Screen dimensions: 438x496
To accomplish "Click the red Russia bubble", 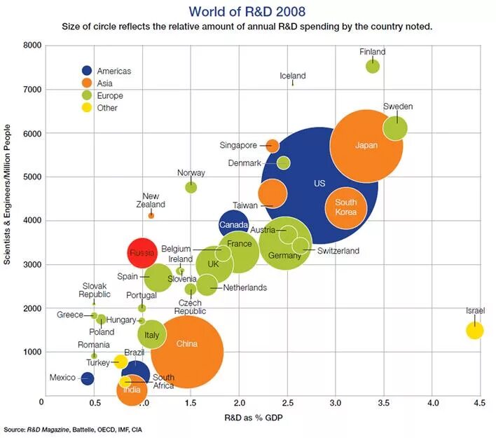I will pyautogui.click(x=143, y=251).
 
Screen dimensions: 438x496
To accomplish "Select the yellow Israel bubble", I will pyautogui.click(x=475, y=329).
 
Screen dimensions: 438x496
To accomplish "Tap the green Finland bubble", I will pyautogui.click(x=373, y=67).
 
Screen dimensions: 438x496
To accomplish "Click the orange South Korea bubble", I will pyautogui.click(x=346, y=207).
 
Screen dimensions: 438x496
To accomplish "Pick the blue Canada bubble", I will pyautogui.click(x=233, y=224).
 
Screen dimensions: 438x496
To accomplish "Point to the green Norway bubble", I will pyautogui.click(x=191, y=187).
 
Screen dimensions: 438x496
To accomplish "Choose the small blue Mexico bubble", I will pyautogui.click(x=87, y=378).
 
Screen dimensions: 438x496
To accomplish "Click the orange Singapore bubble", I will pyautogui.click(x=273, y=146).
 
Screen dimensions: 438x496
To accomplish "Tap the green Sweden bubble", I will pyautogui.click(x=396, y=128).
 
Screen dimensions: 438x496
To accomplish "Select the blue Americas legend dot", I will pyautogui.click(x=87, y=71).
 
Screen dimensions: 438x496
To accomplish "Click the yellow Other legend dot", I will pyautogui.click(x=87, y=108).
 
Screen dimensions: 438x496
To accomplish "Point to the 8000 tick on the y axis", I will pyautogui.click(x=32, y=46).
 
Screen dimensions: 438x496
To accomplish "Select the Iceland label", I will pyautogui.click(x=292, y=76).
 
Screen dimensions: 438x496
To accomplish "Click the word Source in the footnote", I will pyautogui.click(x=14, y=429).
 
